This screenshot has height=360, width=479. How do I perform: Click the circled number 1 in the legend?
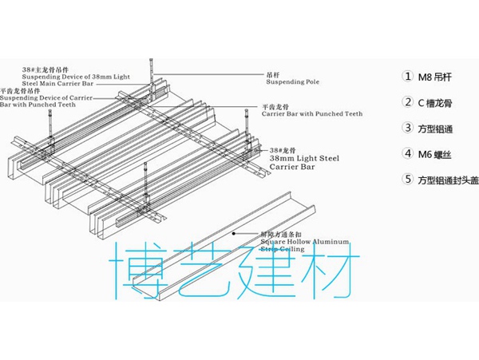point(408,77)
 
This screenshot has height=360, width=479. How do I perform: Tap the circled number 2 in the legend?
point(408,102)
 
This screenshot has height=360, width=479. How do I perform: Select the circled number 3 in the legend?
point(408,128)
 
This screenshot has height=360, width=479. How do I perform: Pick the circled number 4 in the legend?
point(408,154)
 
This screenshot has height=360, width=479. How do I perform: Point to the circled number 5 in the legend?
point(408,180)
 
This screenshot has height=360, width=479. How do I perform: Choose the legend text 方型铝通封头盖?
point(448,180)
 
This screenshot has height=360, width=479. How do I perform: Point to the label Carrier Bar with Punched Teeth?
point(311,114)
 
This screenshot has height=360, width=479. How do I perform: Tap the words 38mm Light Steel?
point(304,158)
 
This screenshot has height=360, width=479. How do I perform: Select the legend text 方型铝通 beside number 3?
point(437,129)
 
